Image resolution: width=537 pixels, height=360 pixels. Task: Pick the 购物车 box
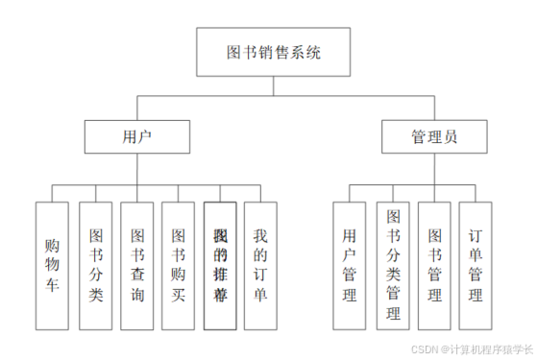click(x=52, y=264)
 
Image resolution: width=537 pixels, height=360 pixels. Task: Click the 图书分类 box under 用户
click(x=96, y=264)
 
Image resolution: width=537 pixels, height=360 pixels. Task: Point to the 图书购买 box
click(x=178, y=264)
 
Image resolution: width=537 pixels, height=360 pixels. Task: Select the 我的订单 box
click(x=261, y=264)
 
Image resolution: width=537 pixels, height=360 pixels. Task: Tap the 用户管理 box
click(x=350, y=264)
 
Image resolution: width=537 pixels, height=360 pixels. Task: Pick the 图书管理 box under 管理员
click(x=434, y=264)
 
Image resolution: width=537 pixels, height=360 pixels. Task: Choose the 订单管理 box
click(x=476, y=264)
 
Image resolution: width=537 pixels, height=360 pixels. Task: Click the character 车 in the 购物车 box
click(x=52, y=285)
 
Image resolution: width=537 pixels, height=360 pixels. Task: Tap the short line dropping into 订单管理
click(x=476, y=192)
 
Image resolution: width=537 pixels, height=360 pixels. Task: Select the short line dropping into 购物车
click(x=52, y=192)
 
